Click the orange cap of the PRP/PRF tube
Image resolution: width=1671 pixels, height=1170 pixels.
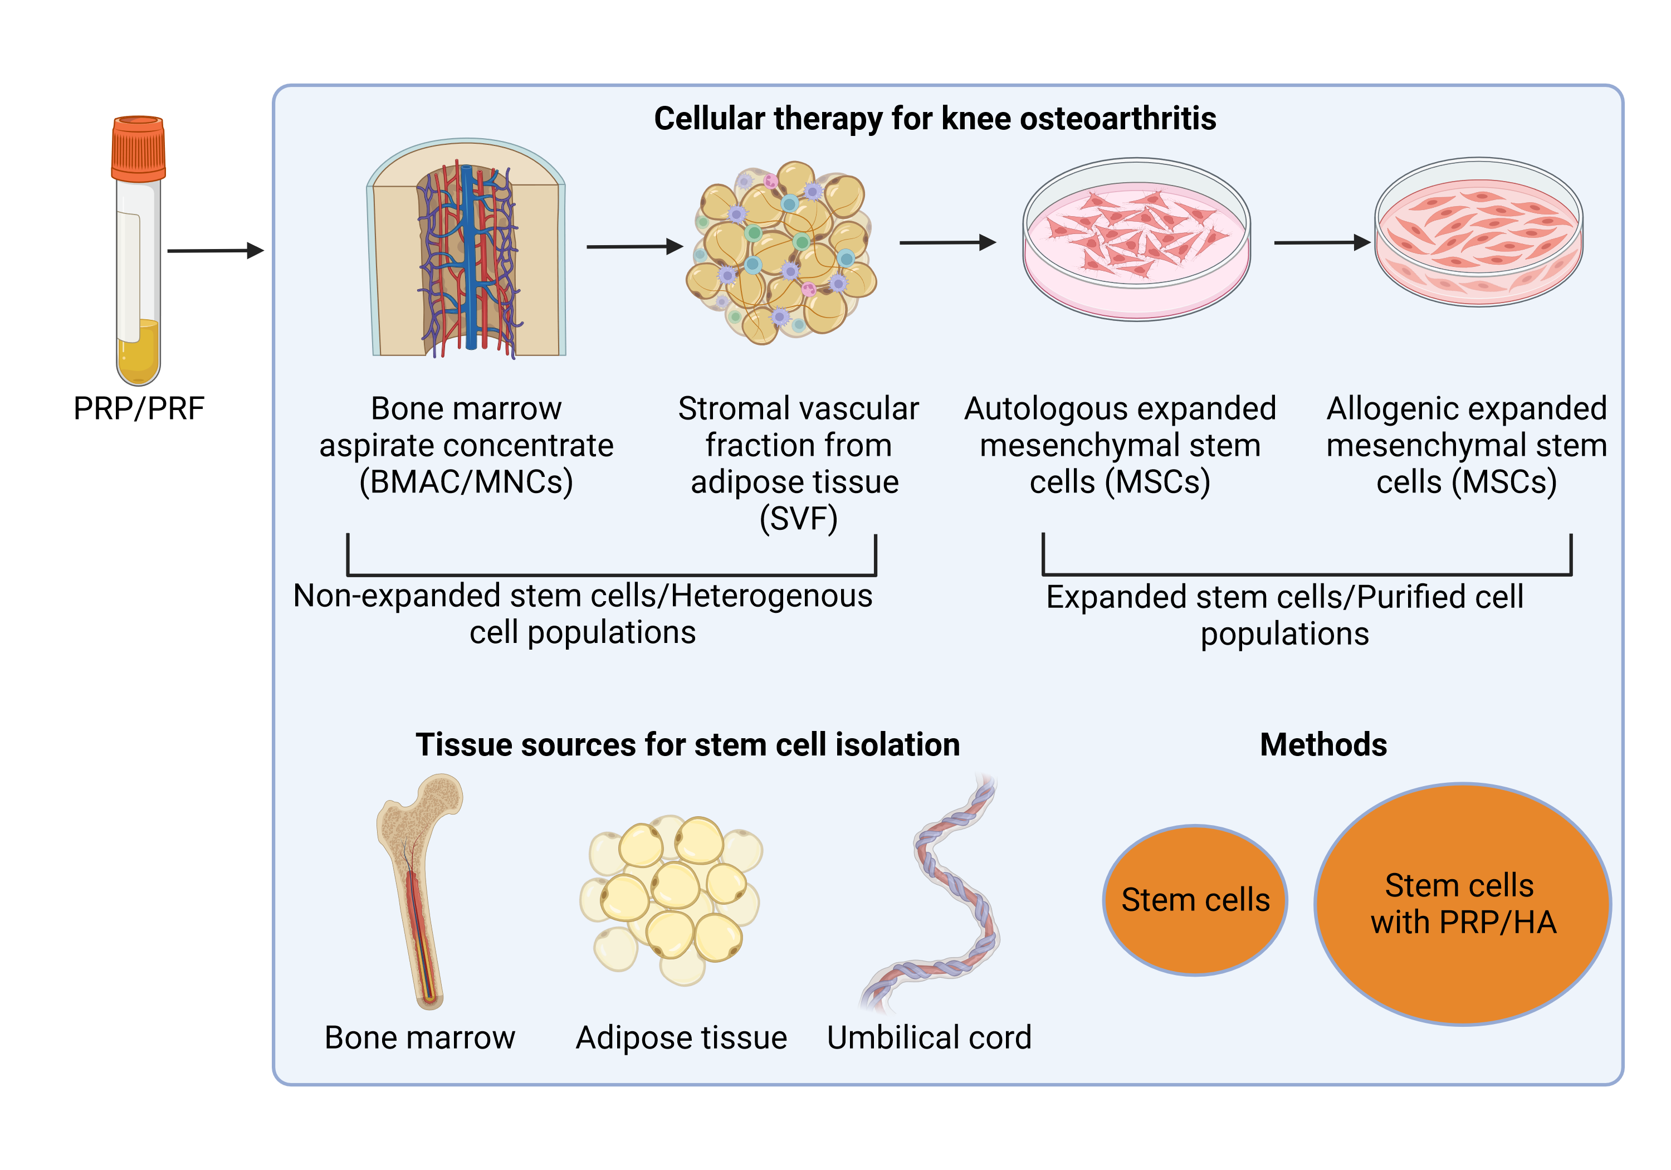click(x=138, y=149)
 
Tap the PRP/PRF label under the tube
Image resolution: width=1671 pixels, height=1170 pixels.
click(x=139, y=408)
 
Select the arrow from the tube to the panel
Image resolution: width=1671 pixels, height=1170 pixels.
click(x=216, y=251)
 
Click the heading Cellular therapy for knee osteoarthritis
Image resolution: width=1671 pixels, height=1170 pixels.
click(x=935, y=118)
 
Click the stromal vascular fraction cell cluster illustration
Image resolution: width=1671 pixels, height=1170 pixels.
click(x=781, y=252)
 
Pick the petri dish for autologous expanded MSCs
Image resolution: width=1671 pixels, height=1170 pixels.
click(x=1136, y=240)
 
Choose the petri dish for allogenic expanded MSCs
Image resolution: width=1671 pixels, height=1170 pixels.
click(x=1478, y=232)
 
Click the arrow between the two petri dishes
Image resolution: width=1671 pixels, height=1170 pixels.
click(x=1322, y=242)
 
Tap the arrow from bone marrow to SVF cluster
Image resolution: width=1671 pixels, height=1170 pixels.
click(x=634, y=247)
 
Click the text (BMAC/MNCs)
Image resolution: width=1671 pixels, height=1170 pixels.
click(x=467, y=482)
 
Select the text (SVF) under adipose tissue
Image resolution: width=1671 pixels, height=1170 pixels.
click(x=798, y=518)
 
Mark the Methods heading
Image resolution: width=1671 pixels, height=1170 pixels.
click(x=1323, y=744)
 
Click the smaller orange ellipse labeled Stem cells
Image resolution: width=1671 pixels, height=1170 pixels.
click(x=1195, y=900)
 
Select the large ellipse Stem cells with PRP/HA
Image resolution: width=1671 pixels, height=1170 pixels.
click(x=1463, y=904)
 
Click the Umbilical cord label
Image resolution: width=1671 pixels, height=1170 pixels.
click(x=930, y=1037)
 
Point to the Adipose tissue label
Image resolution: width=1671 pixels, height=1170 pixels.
click(x=681, y=1038)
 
